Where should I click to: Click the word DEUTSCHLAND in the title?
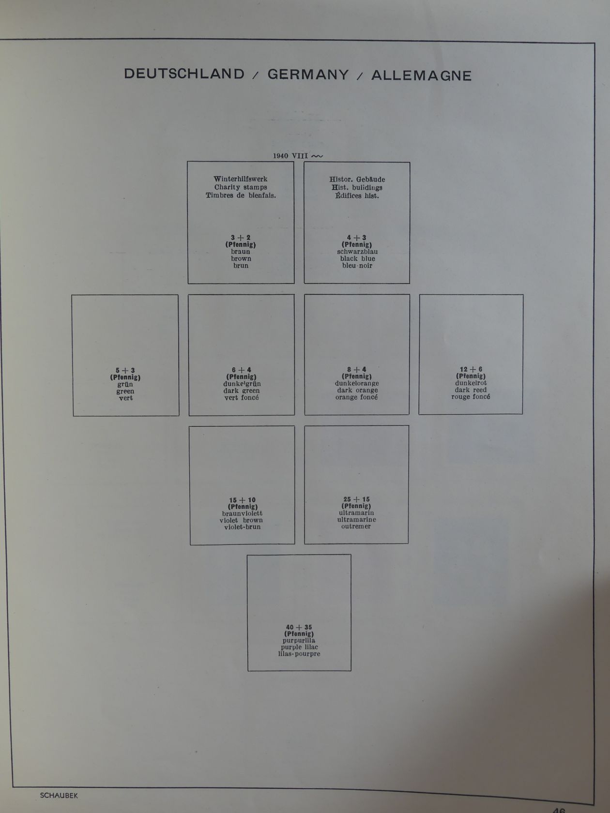(x=184, y=74)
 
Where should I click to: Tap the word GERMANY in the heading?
(x=308, y=75)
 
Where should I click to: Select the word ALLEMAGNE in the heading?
(x=421, y=75)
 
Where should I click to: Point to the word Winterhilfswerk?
(x=241, y=179)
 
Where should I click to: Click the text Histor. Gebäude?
(x=357, y=180)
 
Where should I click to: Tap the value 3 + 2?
(x=241, y=238)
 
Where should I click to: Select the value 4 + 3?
(x=357, y=238)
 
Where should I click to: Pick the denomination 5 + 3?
(x=125, y=371)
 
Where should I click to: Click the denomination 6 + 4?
(x=241, y=370)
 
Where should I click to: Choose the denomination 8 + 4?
(x=357, y=370)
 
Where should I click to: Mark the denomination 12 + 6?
(x=471, y=369)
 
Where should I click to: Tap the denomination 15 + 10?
(x=243, y=500)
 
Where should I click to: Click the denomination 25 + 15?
(x=356, y=499)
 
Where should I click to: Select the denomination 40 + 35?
(x=299, y=627)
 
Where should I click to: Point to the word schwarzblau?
(x=357, y=252)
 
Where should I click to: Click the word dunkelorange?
(x=357, y=383)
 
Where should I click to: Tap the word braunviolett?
(x=243, y=513)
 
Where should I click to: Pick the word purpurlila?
(x=299, y=641)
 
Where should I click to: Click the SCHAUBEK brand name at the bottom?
(x=59, y=796)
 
